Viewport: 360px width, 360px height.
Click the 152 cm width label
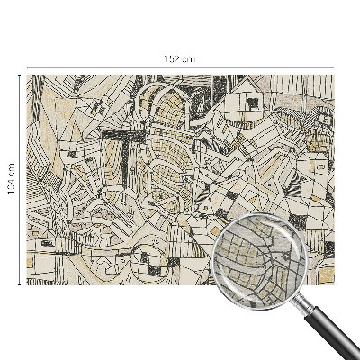[x=179, y=59]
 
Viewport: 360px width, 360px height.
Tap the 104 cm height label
[x=12, y=180]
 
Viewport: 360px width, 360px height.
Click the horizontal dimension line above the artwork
[x=108, y=67]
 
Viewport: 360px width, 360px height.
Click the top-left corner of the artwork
[x=27, y=75]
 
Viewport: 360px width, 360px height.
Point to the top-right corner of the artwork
[x=333, y=75]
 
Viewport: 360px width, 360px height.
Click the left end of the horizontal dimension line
[x=27, y=67]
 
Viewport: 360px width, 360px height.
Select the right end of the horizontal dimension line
[x=333, y=67]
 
